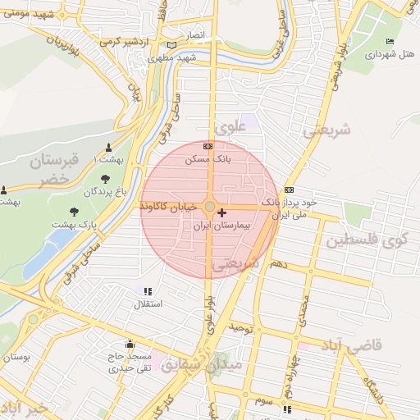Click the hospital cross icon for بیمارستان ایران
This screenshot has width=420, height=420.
[222, 213]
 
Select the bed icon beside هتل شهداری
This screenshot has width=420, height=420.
[390, 42]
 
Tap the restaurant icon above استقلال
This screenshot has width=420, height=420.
[148, 291]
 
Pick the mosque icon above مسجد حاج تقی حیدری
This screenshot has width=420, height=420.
[128, 344]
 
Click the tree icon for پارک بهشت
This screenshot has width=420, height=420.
[75, 212]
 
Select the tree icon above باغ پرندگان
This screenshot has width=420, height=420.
[105, 180]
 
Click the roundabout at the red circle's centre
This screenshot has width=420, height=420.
[210, 208]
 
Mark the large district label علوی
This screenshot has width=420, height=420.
[229, 129]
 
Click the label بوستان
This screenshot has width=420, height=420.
[16, 358]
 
